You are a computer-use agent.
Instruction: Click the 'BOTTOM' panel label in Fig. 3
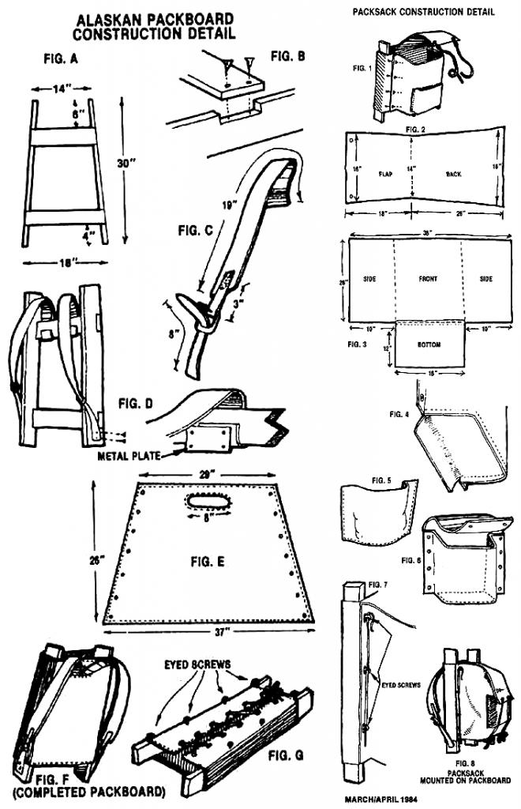click(x=429, y=346)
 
